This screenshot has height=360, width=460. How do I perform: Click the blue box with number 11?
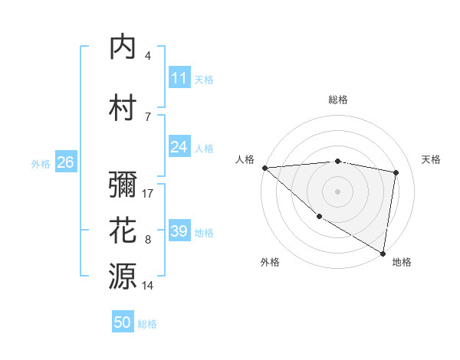pyautogui.click(x=179, y=78)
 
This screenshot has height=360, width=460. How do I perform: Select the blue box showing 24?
pyautogui.click(x=179, y=147)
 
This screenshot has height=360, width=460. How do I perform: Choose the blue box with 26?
pyautogui.click(x=65, y=162)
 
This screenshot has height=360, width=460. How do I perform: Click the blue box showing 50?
pyautogui.click(x=123, y=323)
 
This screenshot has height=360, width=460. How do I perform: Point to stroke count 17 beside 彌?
pyautogui.click(x=149, y=193)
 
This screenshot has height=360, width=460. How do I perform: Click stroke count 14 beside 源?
pyautogui.click(x=149, y=285)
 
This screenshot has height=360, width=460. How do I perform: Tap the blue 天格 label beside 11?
pyautogui.click(x=204, y=79)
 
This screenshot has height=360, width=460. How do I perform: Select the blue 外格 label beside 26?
pyautogui.click(x=41, y=163)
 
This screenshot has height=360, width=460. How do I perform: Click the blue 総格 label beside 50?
pyautogui.click(x=147, y=324)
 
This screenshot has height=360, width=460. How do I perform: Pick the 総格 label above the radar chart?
pyautogui.click(x=338, y=100)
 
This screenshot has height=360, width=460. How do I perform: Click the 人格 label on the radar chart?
pyautogui.click(x=245, y=159)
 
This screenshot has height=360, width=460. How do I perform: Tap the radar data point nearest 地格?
pyautogui.click(x=383, y=253)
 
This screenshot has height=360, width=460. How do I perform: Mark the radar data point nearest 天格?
pyautogui.click(x=396, y=172)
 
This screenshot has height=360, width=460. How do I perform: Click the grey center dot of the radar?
pyautogui.click(x=337, y=191)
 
